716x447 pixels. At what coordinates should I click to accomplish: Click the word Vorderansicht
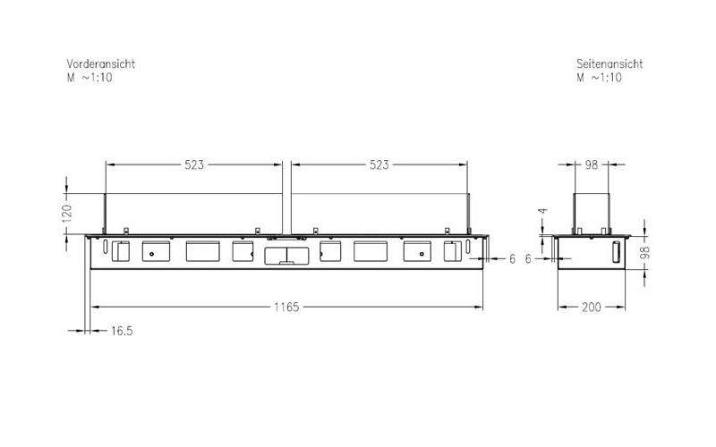pos(101,63)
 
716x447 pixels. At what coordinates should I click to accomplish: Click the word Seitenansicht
pos(609,63)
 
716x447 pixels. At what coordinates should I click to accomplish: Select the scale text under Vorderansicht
pos(89,78)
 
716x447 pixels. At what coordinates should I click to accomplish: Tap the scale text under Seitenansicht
pos(599,78)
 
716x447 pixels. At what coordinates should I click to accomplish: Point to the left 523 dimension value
pos(194,164)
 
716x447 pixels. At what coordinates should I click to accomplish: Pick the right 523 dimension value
pos(379,164)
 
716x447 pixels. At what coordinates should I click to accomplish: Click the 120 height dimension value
pos(66,214)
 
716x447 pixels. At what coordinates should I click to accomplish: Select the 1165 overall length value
pos(286,307)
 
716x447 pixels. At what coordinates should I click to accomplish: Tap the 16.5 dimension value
pos(122,331)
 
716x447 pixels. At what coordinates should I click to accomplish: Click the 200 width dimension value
pos(592,308)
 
